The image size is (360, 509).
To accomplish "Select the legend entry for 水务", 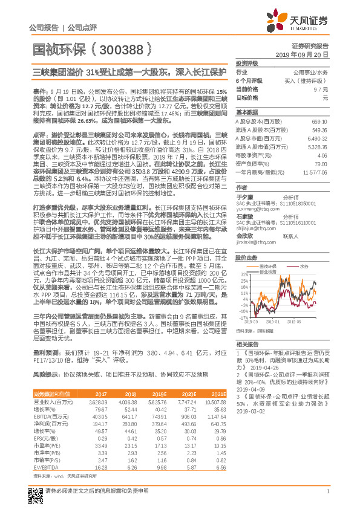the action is click(x=303, y=248).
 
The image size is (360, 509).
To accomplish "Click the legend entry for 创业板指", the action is click(x=269, y=254).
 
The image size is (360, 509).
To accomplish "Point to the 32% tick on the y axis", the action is click(x=241, y=258).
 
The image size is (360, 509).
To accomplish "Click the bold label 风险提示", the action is click(x=44, y=375).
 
